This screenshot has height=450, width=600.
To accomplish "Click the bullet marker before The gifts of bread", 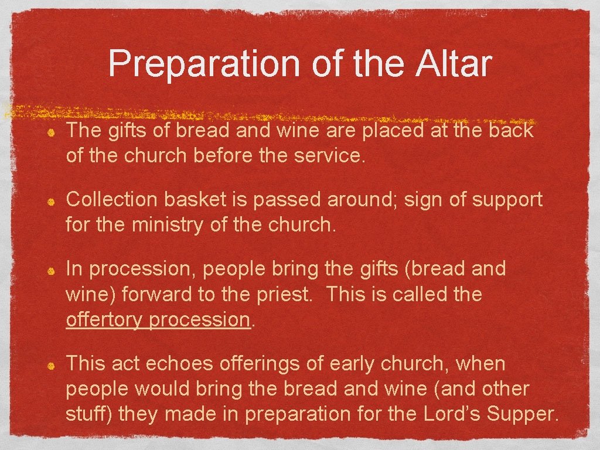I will tap(52, 132).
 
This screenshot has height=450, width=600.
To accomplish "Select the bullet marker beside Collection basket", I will tap(52, 202).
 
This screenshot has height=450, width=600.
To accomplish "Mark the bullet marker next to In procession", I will tap(52, 271).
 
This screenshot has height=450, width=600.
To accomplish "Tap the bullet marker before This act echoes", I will tap(52, 366).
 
